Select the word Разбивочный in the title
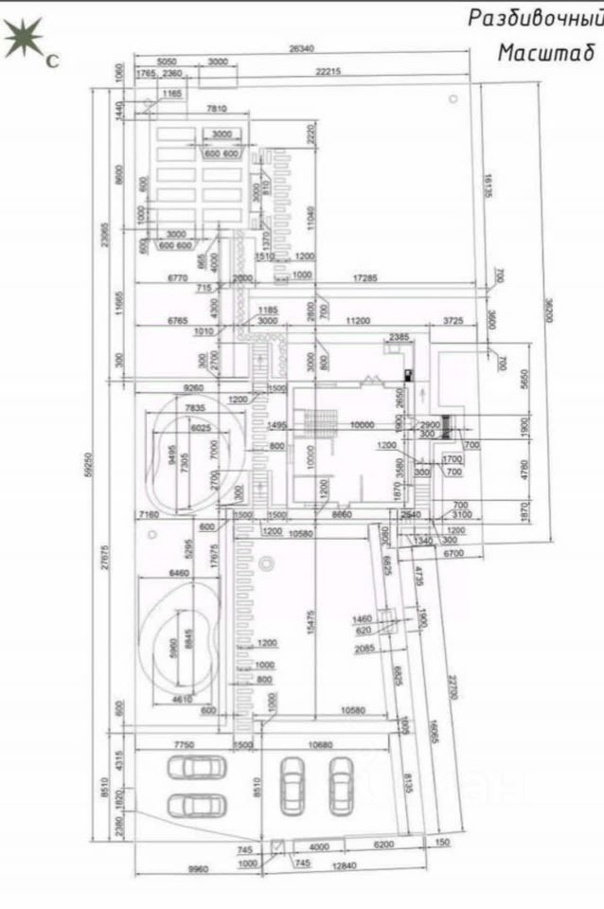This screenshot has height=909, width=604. click(x=535, y=17)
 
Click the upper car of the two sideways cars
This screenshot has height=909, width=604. click(x=194, y=768)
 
